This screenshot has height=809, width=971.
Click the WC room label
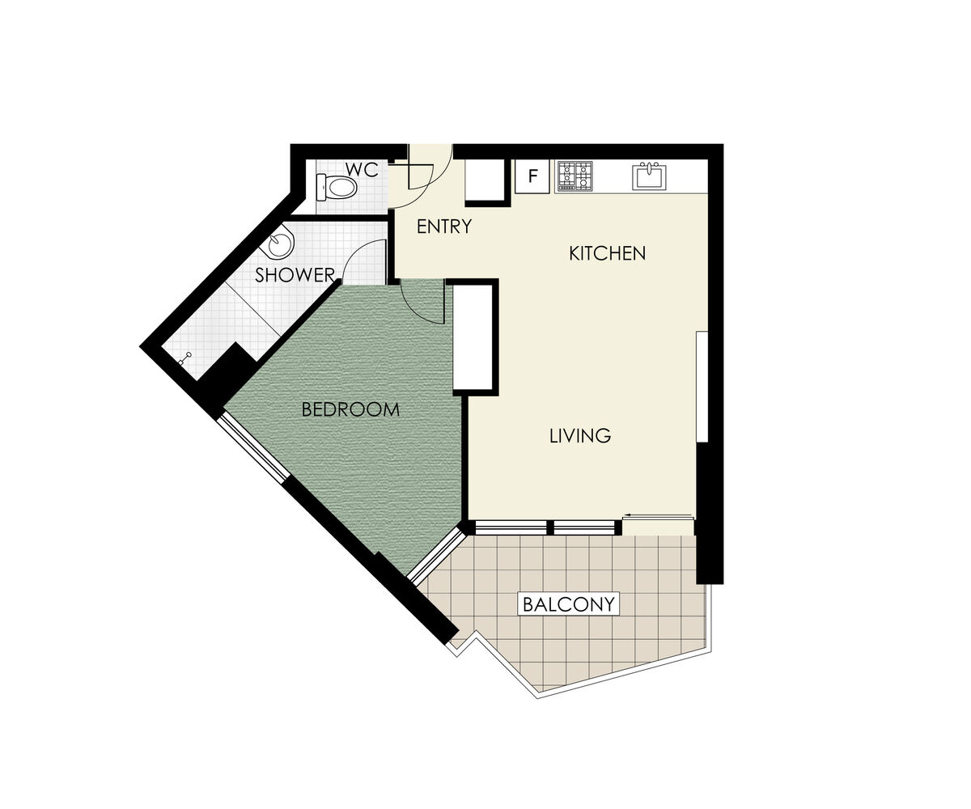click(x=362, y=170)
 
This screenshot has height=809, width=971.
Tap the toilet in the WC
click(x=337, y=188)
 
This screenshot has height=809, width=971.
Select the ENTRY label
click(x=444, y=227)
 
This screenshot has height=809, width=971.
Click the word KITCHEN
click(x=608, y=253)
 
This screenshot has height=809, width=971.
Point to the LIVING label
click(x=580, y=436)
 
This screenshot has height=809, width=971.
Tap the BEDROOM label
click(x=350, y=409)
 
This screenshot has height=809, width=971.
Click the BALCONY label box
click(x=569, y=604)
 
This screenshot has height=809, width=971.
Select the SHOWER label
click(x=295, y=275)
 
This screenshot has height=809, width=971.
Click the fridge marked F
click(x=532, y=176)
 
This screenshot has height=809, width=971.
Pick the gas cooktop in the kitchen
click(x=575, y=176)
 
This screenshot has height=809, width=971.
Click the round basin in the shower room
click(x=281, y=244)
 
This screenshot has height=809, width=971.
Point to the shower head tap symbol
click(x=184, y=358)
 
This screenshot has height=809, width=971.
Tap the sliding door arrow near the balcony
click(x=658, y=515)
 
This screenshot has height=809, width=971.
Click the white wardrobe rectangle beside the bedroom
click(x=473, y=337)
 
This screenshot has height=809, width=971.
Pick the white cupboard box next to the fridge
click(x=485, y=180)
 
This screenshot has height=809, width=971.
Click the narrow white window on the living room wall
click(x=702, y=387)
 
